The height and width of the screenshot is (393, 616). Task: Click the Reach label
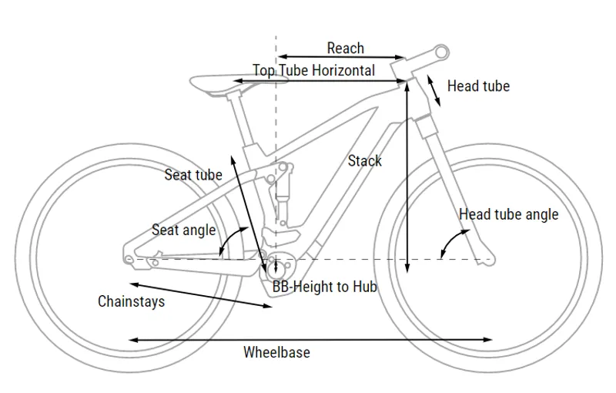pos(345,49)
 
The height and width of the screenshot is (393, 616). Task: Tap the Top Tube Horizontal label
pos(313,71)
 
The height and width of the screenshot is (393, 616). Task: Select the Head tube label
pos(478,86)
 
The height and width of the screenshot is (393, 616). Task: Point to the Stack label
pos(364,161)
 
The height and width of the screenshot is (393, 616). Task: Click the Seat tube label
pos(193,175)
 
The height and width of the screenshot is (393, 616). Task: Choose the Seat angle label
pos(183,230)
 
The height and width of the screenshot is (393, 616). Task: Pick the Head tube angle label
pos(508,214)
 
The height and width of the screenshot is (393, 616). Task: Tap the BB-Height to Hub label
pos(324,287)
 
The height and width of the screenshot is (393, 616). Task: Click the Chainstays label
pos(131,301)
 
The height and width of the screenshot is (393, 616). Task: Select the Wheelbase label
pos(276,353)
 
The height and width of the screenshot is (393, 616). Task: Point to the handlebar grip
pos(439,52)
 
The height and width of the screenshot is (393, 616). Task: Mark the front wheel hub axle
pos(486,259)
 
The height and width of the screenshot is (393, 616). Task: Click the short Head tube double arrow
pos(435,91)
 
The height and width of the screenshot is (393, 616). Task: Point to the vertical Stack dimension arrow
pos(407,176)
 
